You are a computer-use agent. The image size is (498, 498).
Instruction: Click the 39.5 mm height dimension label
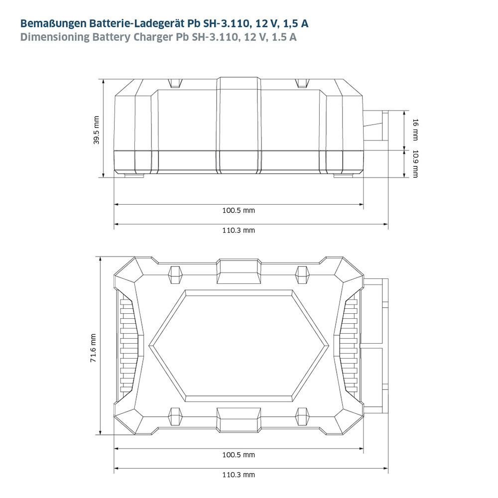pos(96,130)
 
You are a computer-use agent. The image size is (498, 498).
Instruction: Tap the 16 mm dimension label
pos(415,129)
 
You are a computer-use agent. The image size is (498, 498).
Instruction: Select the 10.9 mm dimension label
pos(415,164)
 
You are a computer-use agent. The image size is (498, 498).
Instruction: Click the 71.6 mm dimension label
pos(93,348)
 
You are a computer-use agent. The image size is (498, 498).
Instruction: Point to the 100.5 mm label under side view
pos(239,210)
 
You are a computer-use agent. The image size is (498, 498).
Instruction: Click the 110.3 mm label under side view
pos(239,230)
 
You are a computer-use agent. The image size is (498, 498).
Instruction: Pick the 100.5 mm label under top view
pos(239,455)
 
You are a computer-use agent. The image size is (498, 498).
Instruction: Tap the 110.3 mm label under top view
pos(239,475)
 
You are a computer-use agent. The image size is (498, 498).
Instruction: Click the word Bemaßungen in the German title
pos(53,24)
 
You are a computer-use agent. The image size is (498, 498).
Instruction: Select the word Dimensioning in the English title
pos(55,37)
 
